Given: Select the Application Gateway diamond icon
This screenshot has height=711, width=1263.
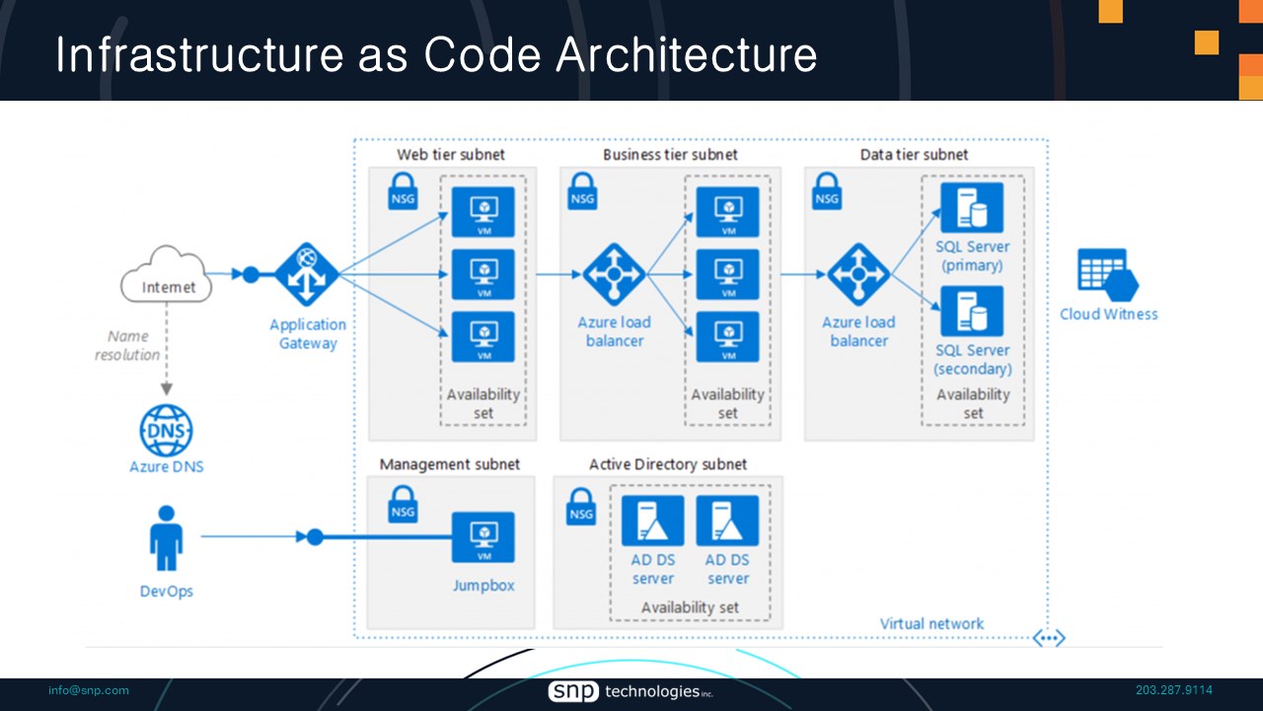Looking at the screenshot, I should pos(306,275).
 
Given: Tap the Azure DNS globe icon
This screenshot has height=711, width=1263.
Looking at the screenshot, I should pos(166,431).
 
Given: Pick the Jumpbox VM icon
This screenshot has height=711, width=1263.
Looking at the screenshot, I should pos(483,537).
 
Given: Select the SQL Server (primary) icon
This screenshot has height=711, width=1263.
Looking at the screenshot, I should pos(972,207).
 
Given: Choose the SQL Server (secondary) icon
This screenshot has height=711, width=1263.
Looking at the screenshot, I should pos(972,311).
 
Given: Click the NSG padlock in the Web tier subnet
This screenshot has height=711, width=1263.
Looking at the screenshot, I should pos(403,191).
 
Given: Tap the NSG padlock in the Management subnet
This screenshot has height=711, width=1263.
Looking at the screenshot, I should pos(403,505).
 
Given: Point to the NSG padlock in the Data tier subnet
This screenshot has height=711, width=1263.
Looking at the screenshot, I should pos(827,191).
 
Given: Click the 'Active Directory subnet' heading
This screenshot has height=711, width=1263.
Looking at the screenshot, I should pos(668,464).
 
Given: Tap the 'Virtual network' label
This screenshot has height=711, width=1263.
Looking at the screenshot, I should pos(931,623).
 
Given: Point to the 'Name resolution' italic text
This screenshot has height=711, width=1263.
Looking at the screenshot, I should pos(127,346).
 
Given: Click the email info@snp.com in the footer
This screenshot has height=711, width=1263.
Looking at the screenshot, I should pos(89,690).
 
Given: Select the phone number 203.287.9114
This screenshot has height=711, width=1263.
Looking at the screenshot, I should pos(1174,690).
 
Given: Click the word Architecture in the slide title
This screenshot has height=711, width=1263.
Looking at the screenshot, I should pos(686,55).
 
